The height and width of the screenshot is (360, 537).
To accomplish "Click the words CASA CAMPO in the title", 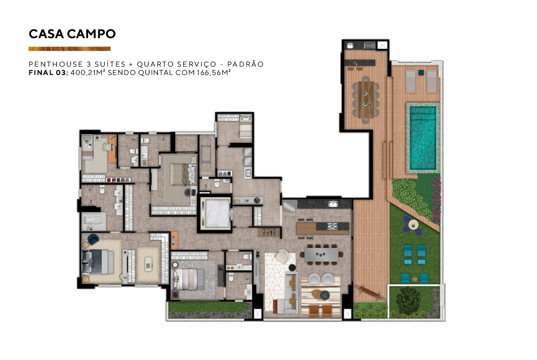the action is pos(72,34).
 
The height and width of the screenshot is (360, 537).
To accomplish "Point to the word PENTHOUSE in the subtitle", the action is pos(56,64).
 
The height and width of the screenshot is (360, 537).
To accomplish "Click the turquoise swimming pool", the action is pos(423,138).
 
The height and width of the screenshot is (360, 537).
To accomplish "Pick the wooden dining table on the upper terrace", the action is pos(366,100).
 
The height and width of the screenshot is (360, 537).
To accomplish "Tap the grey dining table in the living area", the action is pos(322,254).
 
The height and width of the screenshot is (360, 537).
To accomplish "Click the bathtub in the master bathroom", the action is pos(94,221).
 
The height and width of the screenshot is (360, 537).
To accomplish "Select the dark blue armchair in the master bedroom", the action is pos(93,239).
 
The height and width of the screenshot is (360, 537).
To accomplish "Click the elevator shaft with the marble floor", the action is pos(215,214).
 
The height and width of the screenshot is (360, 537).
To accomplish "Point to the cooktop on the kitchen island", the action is pos(333,226).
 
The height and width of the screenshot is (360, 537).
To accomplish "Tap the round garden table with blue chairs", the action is pos(413,225).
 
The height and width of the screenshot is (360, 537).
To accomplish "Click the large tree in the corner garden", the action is pos(408,300).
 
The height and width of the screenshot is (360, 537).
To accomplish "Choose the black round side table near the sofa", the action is pos(292,267).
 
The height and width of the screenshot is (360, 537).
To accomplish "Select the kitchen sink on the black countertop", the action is pos(333,204).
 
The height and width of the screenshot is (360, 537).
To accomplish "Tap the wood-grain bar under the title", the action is pos(69,49).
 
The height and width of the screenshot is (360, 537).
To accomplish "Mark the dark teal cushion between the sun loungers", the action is pos(421,73).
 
